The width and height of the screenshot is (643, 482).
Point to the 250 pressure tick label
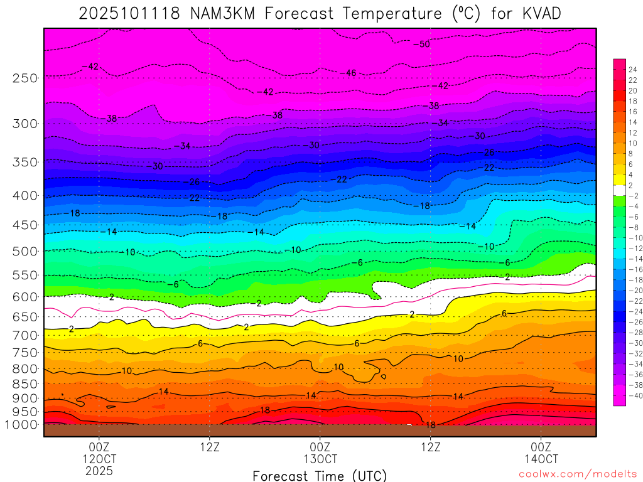[x=26, y=78]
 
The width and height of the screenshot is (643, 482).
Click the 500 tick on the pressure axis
[x=26, y=251]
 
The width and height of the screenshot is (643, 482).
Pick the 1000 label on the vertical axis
[x=23, y=425]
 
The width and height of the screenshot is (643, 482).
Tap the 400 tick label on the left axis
[x=26, y=195]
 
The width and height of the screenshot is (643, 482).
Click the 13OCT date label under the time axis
[x=320, y=458]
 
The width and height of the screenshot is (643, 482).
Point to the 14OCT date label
[x=541, y=458]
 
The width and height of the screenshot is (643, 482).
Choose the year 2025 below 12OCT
[x=99, y=469]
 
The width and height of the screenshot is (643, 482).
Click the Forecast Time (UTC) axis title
[x=320, y=476]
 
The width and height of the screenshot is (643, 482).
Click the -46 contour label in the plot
[x=349, y=73]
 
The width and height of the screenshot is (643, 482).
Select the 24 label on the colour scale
[x=632, y=69]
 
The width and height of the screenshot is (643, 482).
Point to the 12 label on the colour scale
[x=632, y=132]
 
